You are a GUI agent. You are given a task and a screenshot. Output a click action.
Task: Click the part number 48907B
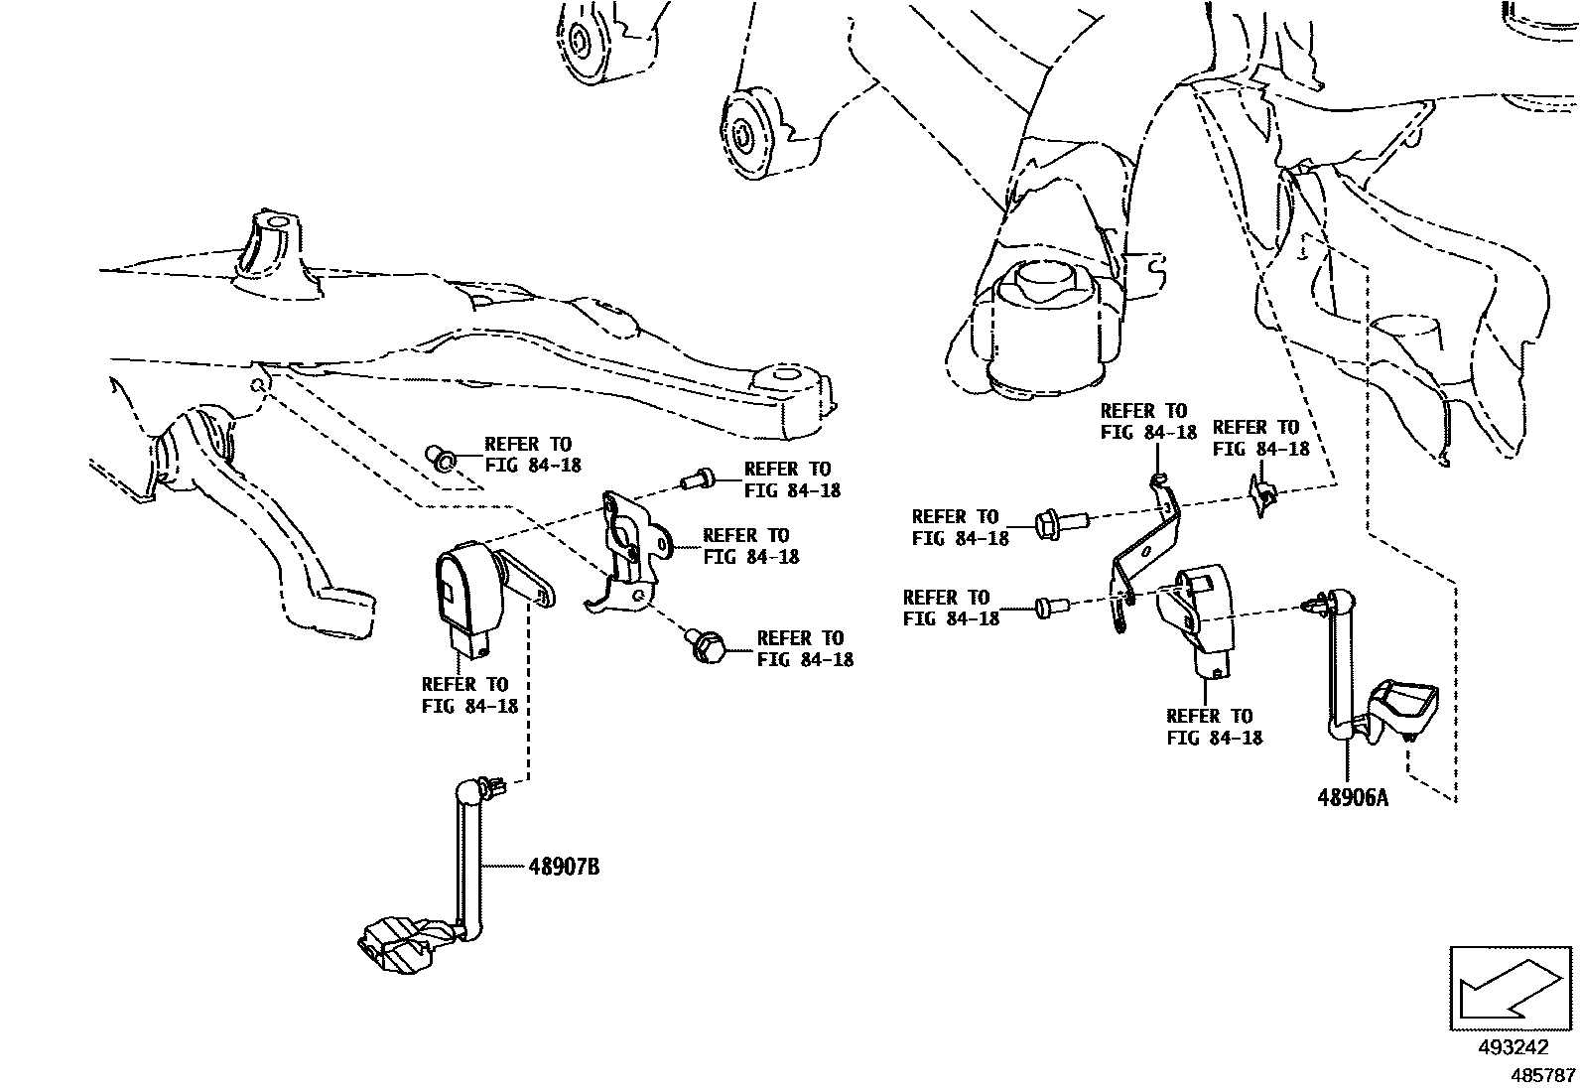tap(564, 867)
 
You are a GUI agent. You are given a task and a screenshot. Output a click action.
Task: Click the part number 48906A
tap(1353, 797)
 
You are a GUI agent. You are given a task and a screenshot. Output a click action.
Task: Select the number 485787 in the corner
tap(1542, 1075)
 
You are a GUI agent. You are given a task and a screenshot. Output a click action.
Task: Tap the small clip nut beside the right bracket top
tap(1260, 493)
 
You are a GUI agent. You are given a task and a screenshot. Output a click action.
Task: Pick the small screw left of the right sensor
tap(1048, 606)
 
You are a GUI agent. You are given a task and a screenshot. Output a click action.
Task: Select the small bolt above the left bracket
tap(698, 480)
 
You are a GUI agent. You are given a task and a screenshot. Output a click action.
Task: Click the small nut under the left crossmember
tap(441, 458)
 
